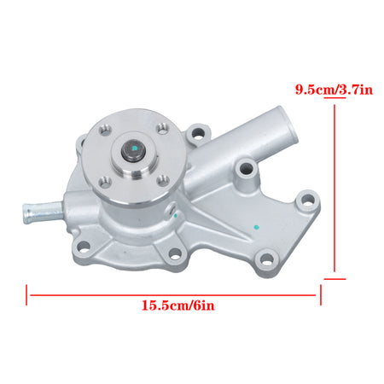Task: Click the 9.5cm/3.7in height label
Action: click(334, 90)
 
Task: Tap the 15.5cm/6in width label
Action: click(178, 305)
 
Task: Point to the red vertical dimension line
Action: click(335, 188)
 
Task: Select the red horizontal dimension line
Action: click(173, 295)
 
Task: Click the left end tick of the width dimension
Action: click(26, 295)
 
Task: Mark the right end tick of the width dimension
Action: click(321, 295)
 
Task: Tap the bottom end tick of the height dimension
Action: click(335, 279)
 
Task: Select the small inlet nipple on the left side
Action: click(43, 212)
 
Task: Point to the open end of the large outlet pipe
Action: click(288, 125)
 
